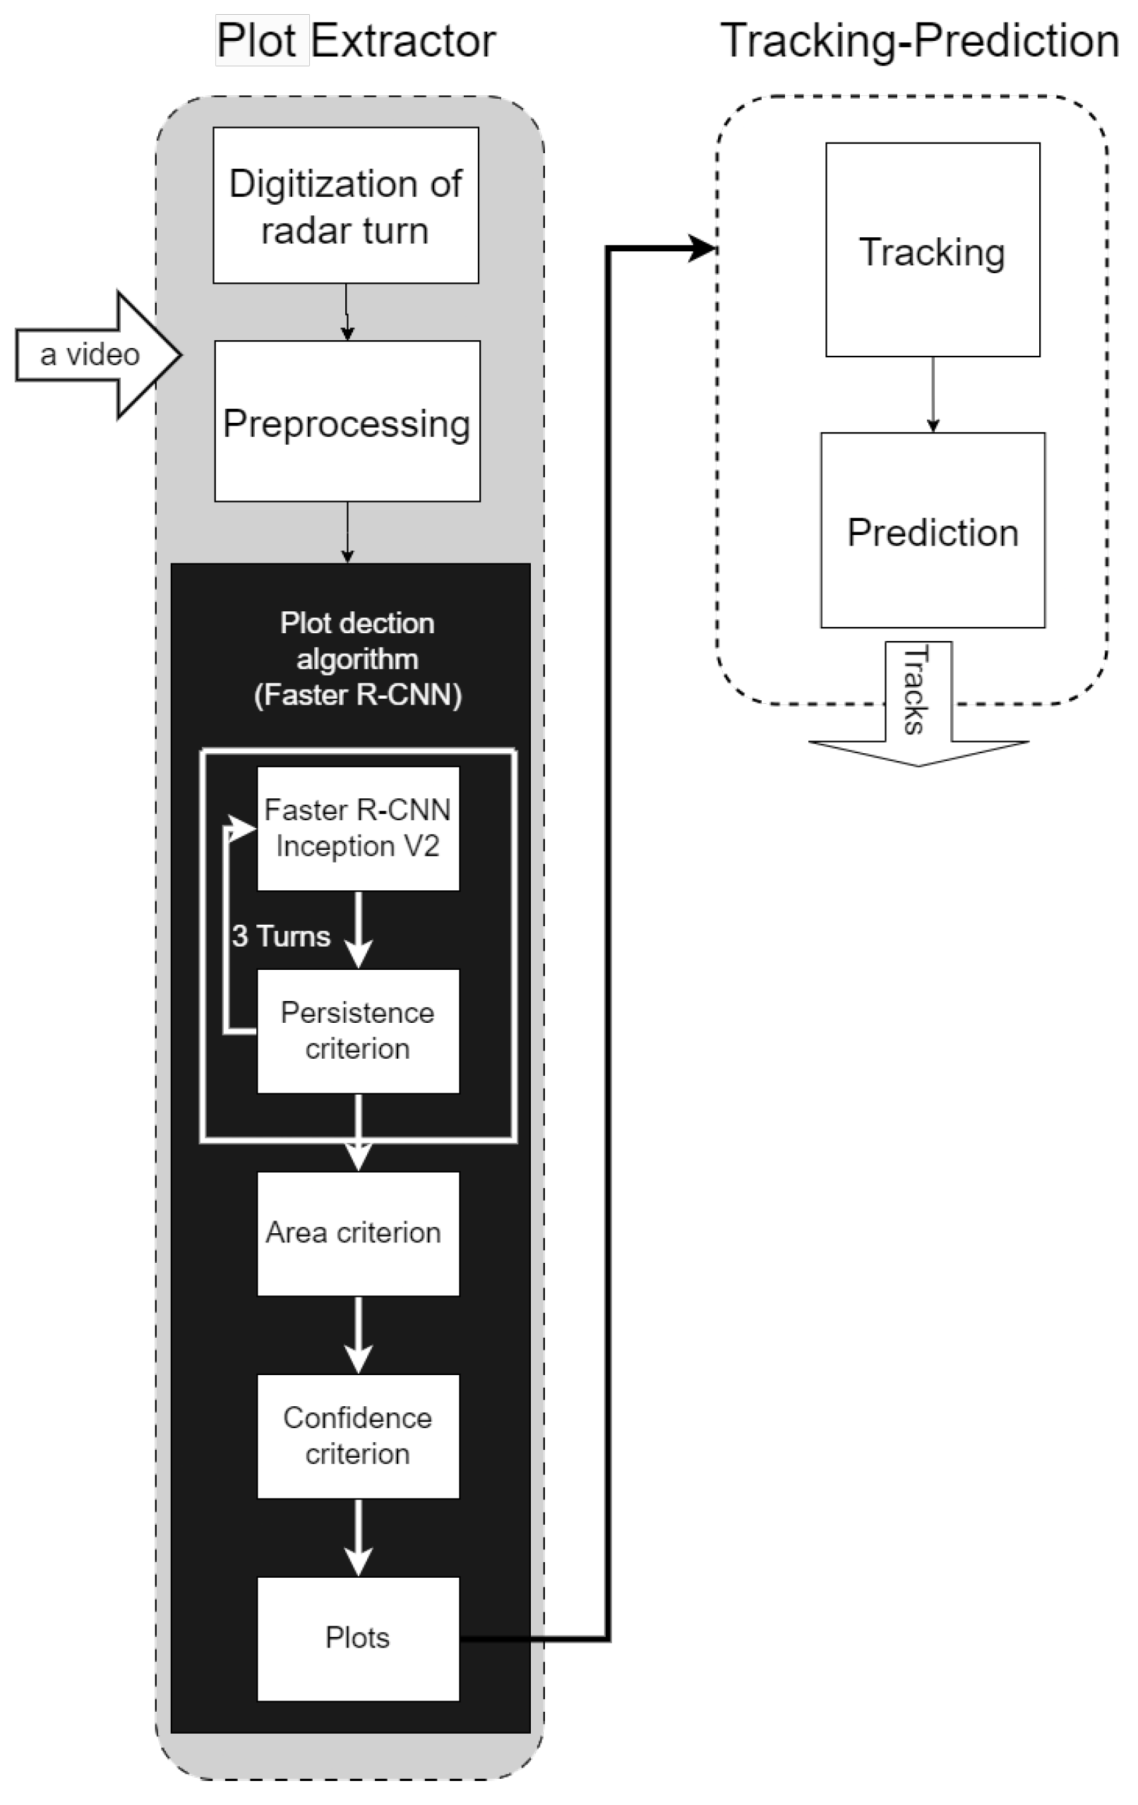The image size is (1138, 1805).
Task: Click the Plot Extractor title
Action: coord(356,40)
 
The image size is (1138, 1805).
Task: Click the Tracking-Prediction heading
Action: coord(919,40)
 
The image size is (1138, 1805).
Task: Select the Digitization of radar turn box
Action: coord(346,205)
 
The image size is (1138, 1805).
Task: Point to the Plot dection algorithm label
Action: coord(358,659)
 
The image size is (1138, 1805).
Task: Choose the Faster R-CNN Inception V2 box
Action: coord(358,828)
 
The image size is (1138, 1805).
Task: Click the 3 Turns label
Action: coord(281,936)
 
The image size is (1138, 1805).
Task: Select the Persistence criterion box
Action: coord(358,1031)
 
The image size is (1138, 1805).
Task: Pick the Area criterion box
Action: coord(358,1233)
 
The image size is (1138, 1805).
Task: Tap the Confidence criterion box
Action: coord(358,1435)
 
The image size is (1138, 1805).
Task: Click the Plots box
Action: coord(358,1638)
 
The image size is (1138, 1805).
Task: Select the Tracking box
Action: coord(932,250)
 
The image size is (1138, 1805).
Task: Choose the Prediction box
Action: coord(932,531)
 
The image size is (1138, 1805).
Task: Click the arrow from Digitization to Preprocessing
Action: coord(347,312)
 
